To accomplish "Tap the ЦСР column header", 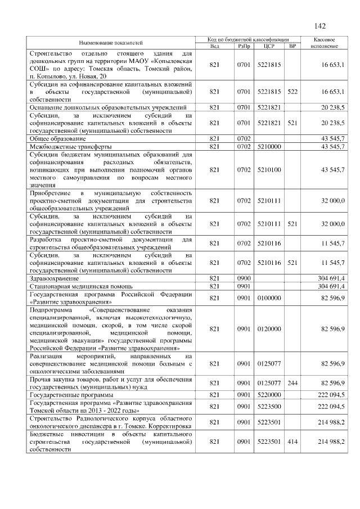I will pos(268,46).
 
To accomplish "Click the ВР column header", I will pos(291,46).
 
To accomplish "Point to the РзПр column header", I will pos(244,46).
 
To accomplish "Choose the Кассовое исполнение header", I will pos(323,43).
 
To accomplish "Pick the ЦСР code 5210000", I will pos(268,146).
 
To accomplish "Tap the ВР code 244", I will pos(292,383).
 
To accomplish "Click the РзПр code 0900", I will pos(244,278).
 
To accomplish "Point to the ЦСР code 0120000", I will pos(268,328).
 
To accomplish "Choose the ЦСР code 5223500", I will pos(268,406).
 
